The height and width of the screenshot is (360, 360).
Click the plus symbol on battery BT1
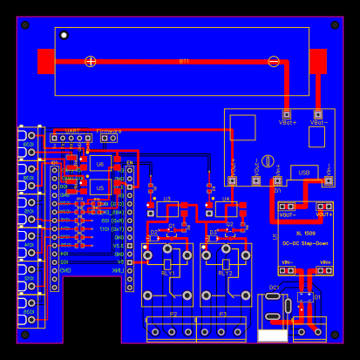(91, 61)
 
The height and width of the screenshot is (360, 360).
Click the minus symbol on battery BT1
(274, 61)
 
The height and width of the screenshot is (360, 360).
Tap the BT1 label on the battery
(184, 61)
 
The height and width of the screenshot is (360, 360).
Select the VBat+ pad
(286, 114)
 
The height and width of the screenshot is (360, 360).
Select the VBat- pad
(318, 114)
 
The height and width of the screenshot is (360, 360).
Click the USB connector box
(304, 173)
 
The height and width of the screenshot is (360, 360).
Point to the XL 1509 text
(305, 234)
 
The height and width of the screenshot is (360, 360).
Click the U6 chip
(100, 164)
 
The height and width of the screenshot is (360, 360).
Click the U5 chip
(100, 187)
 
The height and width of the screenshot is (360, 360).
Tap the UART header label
(72, 130)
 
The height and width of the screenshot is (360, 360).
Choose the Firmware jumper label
(109, 130)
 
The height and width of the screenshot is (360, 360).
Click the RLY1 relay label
(167, 273)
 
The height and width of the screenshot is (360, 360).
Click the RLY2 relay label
(225, 273)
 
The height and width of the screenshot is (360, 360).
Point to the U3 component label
(167, 200)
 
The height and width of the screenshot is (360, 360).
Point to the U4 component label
(226, 200)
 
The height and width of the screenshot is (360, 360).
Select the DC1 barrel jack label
(274, 287)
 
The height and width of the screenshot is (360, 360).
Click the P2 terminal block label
(173, 314)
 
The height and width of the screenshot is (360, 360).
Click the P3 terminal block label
(222, 314)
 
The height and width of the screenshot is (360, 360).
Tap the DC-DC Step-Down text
(305, 242)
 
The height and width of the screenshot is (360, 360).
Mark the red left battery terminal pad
(46, 61)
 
